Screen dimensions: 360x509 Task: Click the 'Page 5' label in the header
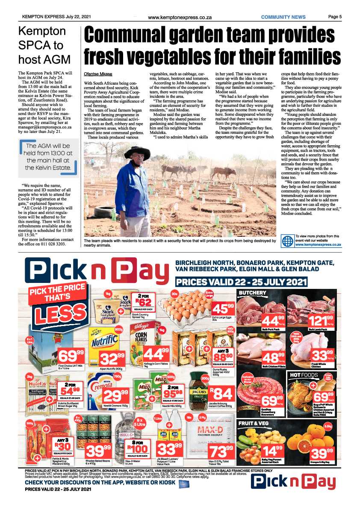point(335,17)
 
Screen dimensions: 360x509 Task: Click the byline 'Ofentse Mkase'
point(97,74)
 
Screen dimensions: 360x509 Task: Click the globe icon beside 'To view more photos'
point(287,241)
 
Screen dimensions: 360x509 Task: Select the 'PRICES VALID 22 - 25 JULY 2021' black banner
point(242,282)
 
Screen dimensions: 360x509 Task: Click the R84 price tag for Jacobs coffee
point(221,394)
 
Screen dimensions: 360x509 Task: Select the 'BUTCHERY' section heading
point(253,293)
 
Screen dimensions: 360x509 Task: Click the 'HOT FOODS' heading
point(304,375)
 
